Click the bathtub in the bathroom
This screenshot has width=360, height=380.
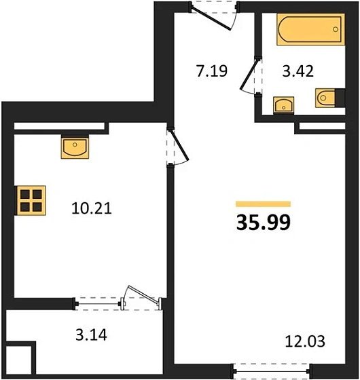(311, 29)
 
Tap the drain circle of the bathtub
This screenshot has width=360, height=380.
(336, 29)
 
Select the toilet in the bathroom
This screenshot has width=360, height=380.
(325, 98)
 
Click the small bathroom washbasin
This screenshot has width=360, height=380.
(284, 104)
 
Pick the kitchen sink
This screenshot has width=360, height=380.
(75, 147)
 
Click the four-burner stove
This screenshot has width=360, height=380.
(31, 200)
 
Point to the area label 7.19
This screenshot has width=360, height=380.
(212, 71)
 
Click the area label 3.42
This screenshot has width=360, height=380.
(298, 71)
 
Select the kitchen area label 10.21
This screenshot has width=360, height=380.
(92, 208)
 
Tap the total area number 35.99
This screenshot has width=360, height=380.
(264, 223)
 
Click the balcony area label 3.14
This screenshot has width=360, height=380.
(91, 335)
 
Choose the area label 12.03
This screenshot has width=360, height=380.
(305, 341)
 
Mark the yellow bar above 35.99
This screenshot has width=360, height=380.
(264, 204)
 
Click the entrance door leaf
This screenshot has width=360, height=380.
(211, 19)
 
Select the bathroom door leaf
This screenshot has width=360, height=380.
(249, 74)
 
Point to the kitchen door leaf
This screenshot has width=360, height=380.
(180, 145)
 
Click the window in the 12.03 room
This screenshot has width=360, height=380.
(271, 371)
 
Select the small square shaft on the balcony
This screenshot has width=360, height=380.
(18, 360)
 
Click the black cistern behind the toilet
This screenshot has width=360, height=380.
(340, 98)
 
